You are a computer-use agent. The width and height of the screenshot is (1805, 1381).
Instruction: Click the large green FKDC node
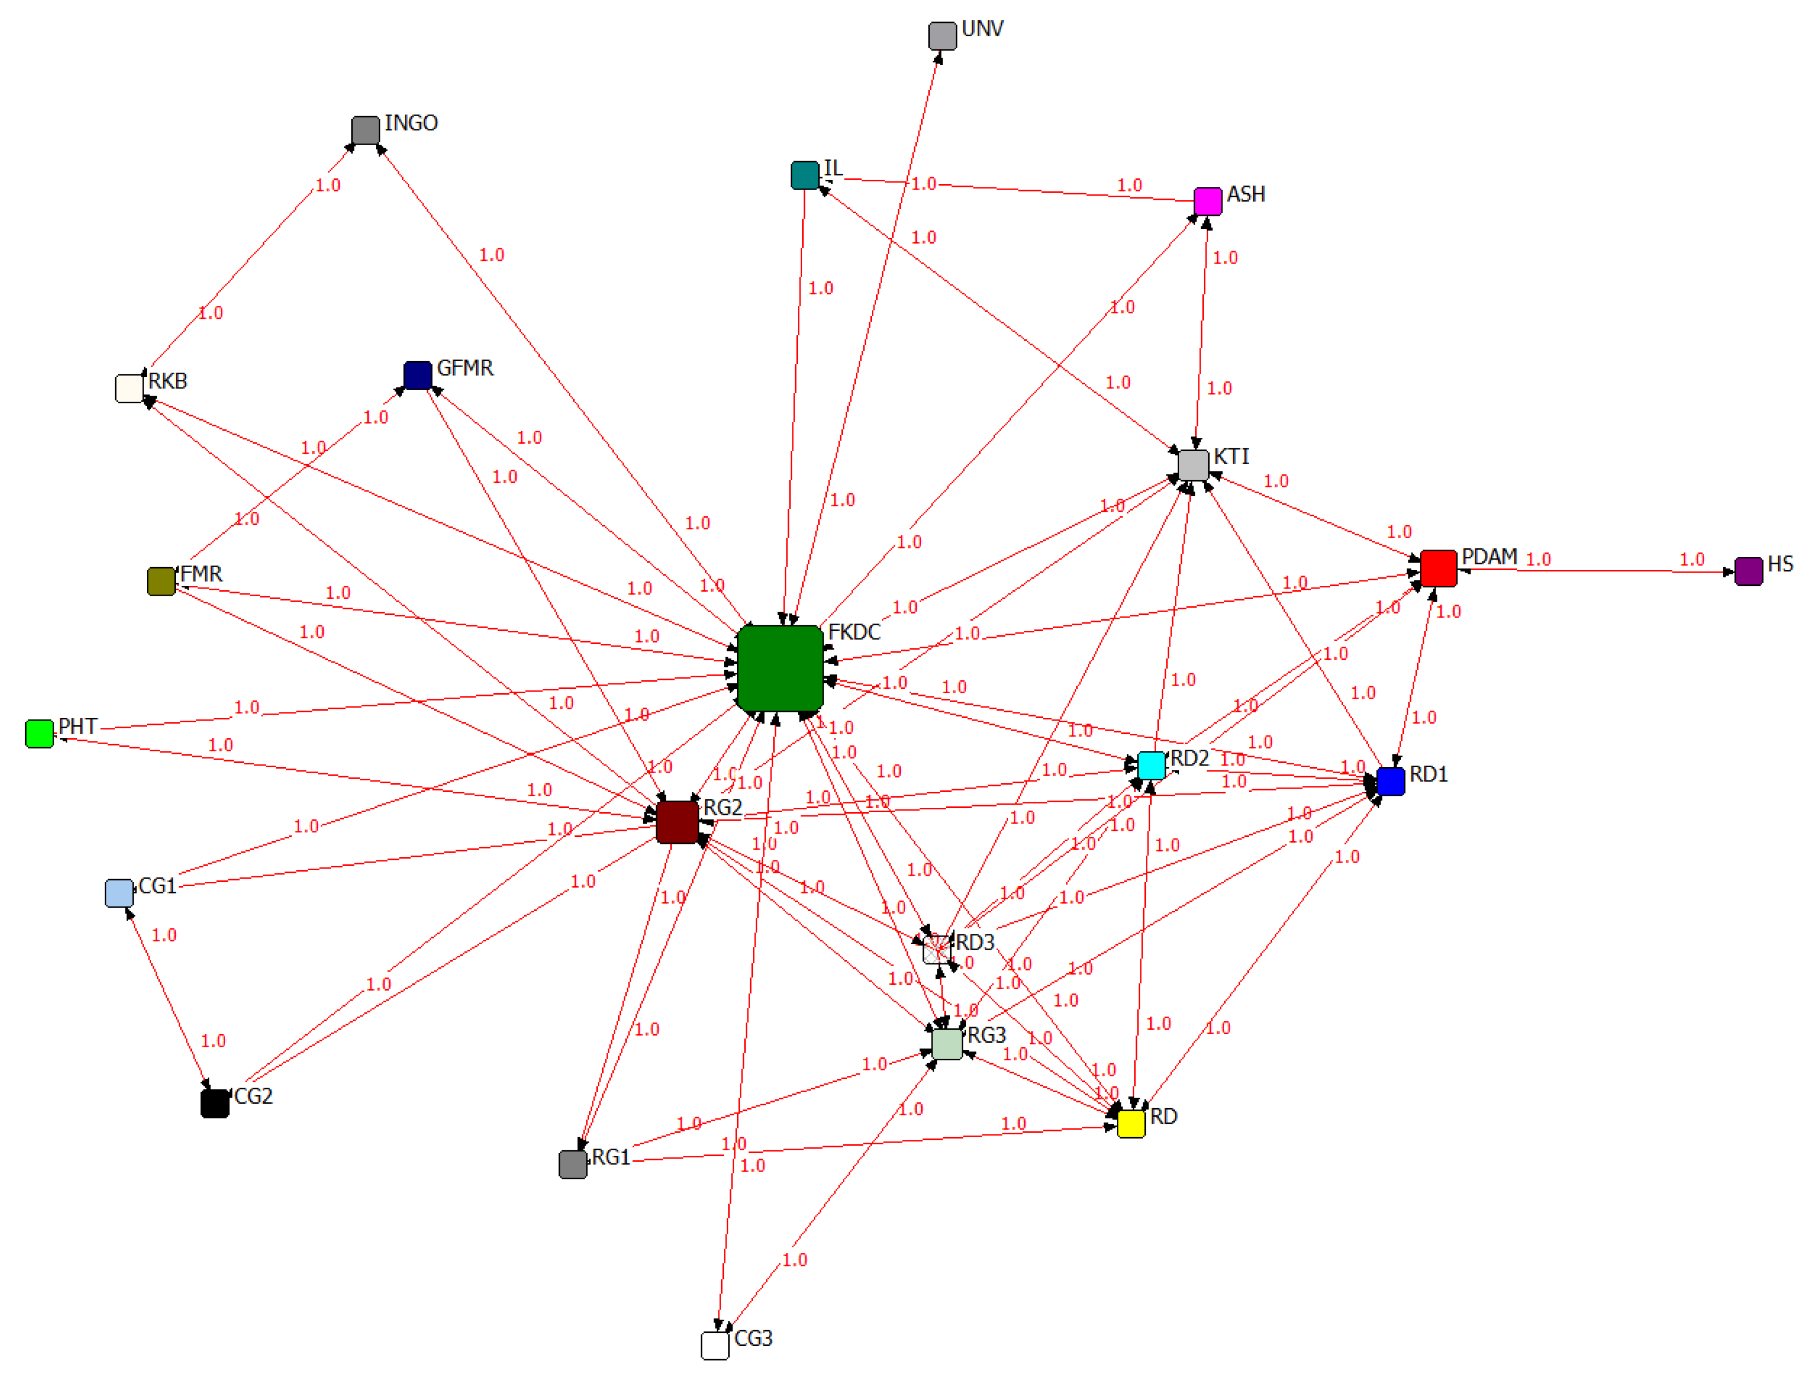[779, 667]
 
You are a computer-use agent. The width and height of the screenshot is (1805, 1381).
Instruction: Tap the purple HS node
[1748, 571]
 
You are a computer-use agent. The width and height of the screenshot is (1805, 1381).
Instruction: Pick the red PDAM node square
[1438, 568]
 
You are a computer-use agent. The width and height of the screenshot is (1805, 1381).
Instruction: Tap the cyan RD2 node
[1151, 765]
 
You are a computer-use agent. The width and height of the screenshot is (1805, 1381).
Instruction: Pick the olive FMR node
[161, 581]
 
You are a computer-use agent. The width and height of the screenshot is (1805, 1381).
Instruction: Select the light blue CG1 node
[119, 893]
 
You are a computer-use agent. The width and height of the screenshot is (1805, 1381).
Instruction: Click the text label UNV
[981, 28]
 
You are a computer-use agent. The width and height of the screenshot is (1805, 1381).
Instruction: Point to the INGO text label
[411, 123]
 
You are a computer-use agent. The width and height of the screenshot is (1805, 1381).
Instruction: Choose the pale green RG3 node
[946, 1044]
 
